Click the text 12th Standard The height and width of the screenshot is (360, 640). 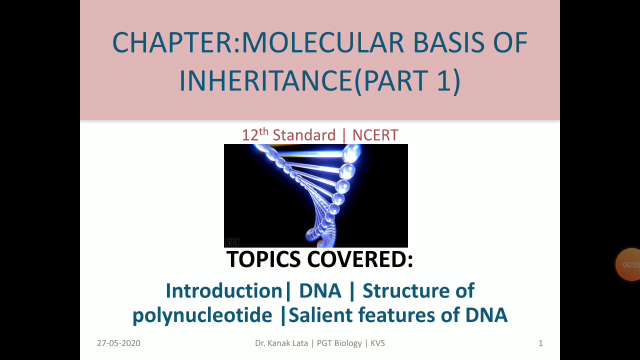click(x=288, y=135)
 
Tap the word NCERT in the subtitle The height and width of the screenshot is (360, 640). click(x=375, y=135)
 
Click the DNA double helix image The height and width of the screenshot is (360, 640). click(x=315, y=195)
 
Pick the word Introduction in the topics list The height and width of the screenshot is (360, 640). click(x=224, y=291)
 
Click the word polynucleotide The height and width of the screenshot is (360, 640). click(x=202, y=315)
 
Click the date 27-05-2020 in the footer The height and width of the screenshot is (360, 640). click(x=118, y=343)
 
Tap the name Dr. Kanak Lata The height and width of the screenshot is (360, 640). click(x=282, y=343)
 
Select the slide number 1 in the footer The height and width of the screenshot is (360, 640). click(x=540, y=343)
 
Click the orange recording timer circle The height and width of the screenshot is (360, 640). click(x=629, y=264)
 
